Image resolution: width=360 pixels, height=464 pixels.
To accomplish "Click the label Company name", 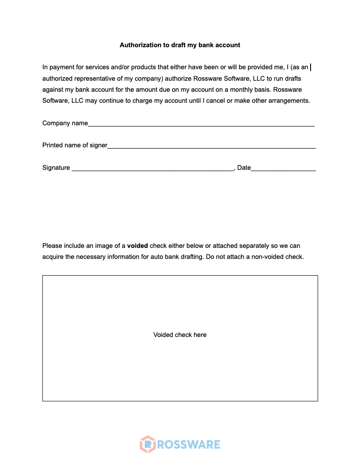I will coord(65,123).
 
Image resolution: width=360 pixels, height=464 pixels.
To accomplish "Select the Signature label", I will coord(56,168).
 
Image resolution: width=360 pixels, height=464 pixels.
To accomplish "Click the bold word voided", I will coord(137,246).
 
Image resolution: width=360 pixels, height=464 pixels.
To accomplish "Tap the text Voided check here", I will coord(180,335).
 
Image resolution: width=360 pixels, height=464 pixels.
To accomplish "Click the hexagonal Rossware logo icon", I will coord(148,444).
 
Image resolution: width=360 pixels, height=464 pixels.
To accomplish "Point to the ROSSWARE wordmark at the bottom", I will coord(188,444).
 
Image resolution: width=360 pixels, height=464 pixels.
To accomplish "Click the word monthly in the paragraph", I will coord(240,89).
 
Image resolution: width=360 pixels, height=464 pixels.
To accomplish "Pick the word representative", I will coord(94,78).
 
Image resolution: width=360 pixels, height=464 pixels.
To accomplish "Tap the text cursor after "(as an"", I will coord(311,67).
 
